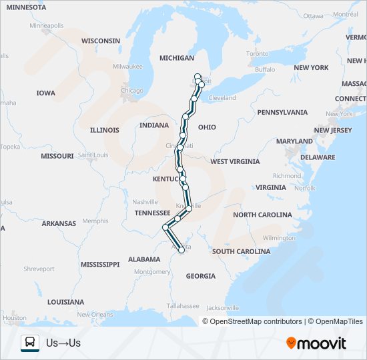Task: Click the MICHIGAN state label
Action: [x=177, y=58]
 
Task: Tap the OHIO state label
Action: [x=207, y=127]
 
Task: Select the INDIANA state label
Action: [x=154, y=125]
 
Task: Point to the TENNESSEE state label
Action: [x=153, y=213]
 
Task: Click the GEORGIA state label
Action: [x=200, y=275]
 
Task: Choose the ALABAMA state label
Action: [x=144, y=259]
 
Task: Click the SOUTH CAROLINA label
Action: [x=241, y=251]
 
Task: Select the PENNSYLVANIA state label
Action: [x=282, y=112]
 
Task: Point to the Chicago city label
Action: [x=132, y=91]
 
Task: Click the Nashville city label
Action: [x=145, y=201]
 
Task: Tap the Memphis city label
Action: [x=95, y=221]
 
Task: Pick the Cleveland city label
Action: [x=222, y=97]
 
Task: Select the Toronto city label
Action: [x=257, y=53]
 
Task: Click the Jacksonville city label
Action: [x=223, y=308]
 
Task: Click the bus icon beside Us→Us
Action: [x=30, y=343]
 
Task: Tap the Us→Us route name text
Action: [x=63, y=343]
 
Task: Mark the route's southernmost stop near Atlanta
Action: [x=181, y=251]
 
